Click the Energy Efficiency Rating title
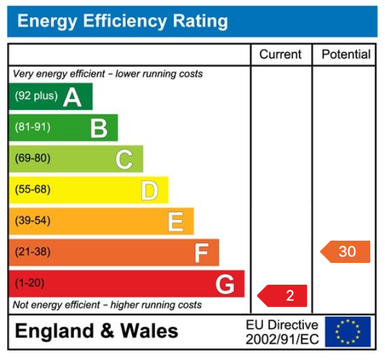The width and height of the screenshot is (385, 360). [x=122, y=22]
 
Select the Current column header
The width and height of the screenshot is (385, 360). [x=280, y=55]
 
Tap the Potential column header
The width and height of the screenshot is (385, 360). [x=345, y=55]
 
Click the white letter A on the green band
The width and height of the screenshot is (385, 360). [x=72, y=97]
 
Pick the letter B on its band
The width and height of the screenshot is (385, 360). [x=98, y=128]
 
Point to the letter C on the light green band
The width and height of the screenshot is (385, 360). [x=124, y=159]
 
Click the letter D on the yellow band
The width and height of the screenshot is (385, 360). [x=149, y=190]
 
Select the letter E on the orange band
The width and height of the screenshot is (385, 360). [x=176, y=221]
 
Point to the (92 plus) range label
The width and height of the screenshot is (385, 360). [x=36, y=96]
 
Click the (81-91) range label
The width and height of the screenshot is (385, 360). [x=33, y=128]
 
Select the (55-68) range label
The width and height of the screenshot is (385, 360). [x=33, y=190]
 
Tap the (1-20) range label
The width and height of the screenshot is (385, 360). [x=29, y=283]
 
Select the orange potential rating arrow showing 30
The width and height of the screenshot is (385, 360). [x=345, y=251]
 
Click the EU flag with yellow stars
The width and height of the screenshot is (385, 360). [x=347, y=332]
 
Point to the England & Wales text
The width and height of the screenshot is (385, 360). [x=96, y=331]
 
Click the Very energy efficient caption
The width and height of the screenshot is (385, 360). [x=108, y=74]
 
